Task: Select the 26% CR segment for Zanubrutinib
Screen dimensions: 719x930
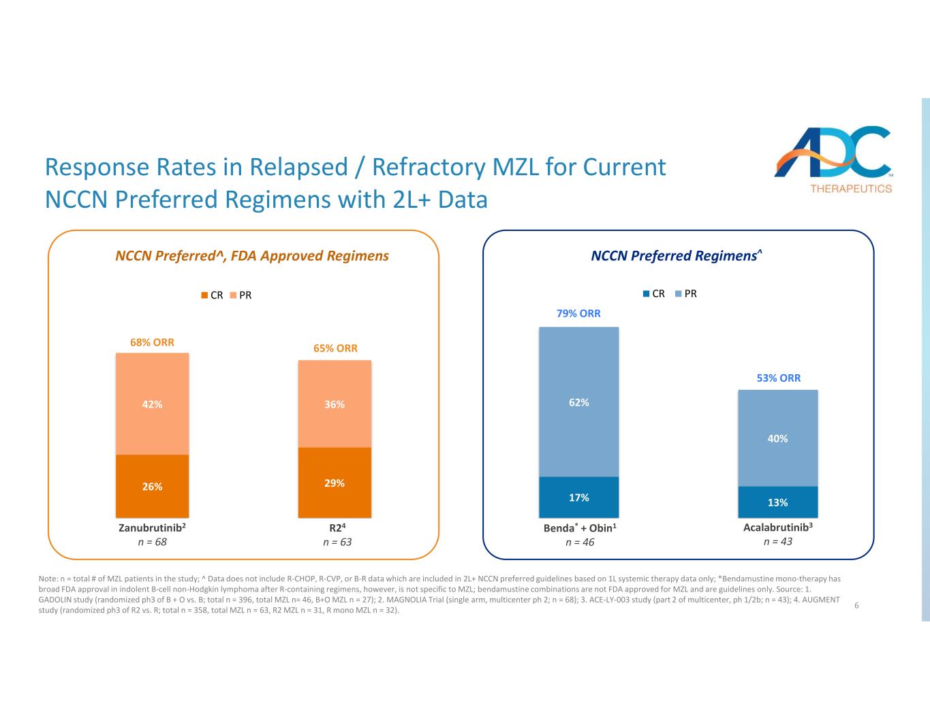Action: click(152, 486)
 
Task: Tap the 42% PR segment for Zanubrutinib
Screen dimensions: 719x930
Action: click(152, 403)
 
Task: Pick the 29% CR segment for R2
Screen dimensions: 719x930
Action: click(335, 483)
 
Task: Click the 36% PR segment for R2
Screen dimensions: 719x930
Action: click(335, 403)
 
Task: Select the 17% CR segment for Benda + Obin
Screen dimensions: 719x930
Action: click(578, 497)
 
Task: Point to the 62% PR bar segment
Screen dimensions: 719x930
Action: click(578, 402)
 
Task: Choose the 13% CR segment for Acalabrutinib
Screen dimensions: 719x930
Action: click(777, 502)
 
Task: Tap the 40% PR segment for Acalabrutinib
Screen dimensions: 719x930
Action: click(777, 438)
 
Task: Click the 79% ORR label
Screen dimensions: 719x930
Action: click(578, 313)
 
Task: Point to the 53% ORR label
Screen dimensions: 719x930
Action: click(779, 378)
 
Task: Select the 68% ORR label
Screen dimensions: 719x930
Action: click(152, 342)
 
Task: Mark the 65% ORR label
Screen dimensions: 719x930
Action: click(335, 348)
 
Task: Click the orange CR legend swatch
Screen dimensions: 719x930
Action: click(204, 296)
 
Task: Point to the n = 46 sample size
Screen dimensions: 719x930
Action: click(580, 542)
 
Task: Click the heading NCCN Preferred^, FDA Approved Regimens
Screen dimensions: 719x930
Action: click(252, 256)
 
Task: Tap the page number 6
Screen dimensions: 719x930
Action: click(856, 605)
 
